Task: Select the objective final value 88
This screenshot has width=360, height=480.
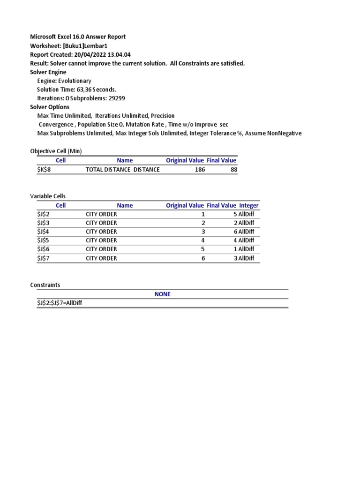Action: tap(233, 169)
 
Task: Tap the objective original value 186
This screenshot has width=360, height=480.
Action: tap(200, 169)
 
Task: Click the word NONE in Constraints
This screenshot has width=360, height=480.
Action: tap(163, 294)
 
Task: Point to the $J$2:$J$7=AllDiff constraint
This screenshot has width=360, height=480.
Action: tap(60, 303)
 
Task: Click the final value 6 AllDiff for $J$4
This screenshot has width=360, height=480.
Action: tap(244, 232)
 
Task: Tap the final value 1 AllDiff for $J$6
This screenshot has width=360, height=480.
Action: tap(244, 249)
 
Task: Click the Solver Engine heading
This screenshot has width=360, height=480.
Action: tap(48, 72)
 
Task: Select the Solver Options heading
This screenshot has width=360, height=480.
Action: tap(50, 107)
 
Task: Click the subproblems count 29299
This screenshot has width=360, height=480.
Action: tap(115, 98)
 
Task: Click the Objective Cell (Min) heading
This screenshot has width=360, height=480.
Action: tap(56, 151)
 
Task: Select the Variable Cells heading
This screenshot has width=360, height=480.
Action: tap(51, 196)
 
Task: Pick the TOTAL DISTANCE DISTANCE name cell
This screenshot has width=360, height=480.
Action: tap(123, 169)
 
